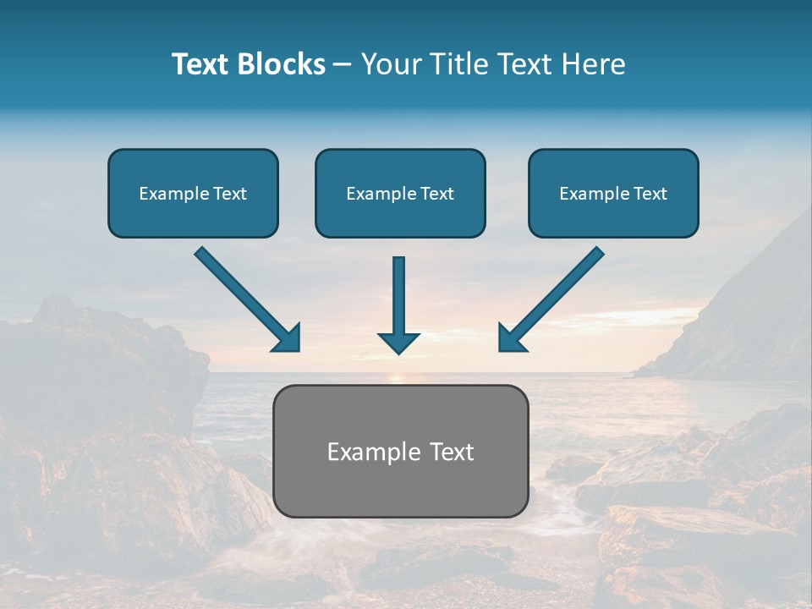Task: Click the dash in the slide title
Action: [342, 65]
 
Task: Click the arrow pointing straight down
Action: [399, 296]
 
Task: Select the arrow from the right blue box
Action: [558, 292]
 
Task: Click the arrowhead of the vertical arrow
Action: [399, 343]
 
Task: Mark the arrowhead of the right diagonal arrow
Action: [510, 337]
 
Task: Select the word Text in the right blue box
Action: [650, 194]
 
